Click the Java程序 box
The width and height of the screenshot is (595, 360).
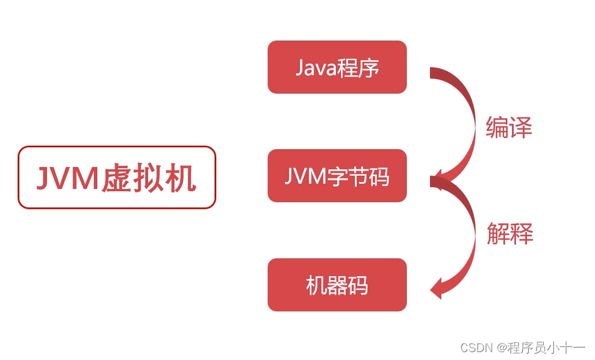[337, 67]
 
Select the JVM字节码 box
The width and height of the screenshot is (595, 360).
[337, 176]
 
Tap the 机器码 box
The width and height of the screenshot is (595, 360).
[337, 285]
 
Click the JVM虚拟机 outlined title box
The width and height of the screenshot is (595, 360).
[117, 177]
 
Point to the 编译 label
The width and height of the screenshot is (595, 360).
[509, 127]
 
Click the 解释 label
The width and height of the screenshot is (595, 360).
[509, 232]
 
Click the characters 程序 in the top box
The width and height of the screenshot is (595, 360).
[358, 67]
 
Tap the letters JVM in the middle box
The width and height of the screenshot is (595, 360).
[304, 177]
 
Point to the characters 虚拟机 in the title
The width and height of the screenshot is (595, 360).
[149, 178]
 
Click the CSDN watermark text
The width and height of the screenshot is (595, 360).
[476, 347]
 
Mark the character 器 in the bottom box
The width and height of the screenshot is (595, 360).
[337, 285]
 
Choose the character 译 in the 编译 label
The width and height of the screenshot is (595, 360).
[520, 127]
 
